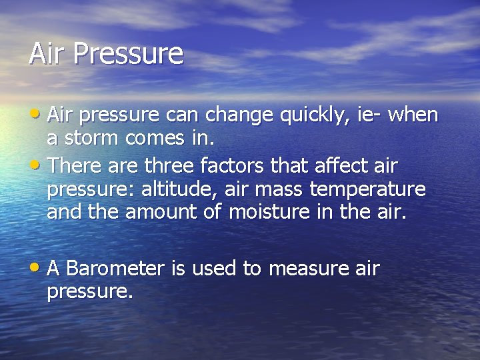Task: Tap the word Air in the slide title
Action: coord(48,53)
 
